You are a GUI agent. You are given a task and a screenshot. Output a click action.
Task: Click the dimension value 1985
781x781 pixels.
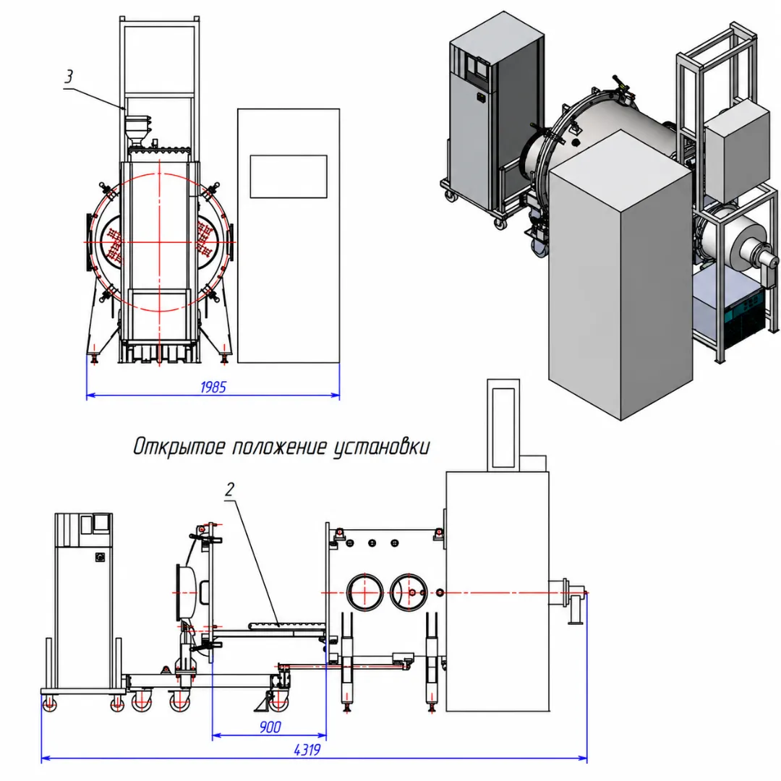tap(213, 387)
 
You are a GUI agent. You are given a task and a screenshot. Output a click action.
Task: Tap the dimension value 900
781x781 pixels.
tap(270, 727)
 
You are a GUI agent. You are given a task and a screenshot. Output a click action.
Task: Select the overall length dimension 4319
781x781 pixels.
tap(307, 750)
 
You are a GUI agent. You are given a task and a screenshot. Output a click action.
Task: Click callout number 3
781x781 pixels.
tap(69, 76)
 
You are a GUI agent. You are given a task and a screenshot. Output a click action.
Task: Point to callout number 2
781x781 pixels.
tap(229, 490)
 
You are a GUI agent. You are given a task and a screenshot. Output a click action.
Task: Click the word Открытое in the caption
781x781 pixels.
tap(178, 447)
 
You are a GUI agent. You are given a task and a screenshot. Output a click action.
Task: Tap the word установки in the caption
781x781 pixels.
tap(381, 448)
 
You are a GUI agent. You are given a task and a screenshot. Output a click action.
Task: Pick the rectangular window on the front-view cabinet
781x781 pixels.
tap(289, 176)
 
